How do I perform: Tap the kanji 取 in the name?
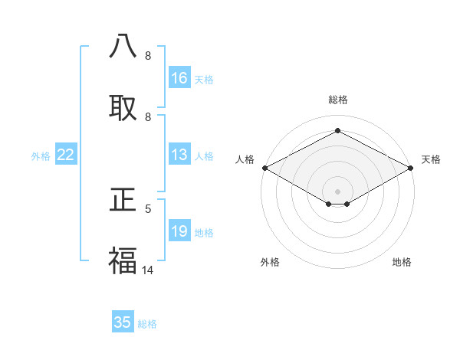pyautogui.click(x=123, y=106)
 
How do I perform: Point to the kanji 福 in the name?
pyautogui.click(x=123, y=260)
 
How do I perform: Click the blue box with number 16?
pyautogui.click(x=179, y=78)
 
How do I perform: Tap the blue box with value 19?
pyautogui.click(x=179, y=231)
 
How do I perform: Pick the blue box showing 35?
pyautogui.click(x=123, y=322)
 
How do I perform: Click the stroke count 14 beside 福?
pyautogui.click(x=148, y=270)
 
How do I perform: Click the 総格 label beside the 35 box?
pyautogui.click(x=147, y=323)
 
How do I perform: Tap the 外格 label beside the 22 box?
pyautogui.click(x=41, y=156)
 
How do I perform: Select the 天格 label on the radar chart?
pyautogui.click(x=431, y=159)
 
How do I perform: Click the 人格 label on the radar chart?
pyautogui.click(x=245, y=159)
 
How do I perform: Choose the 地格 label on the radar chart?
pyautogui.click(x=402, y=262)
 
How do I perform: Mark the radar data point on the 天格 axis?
pyautogui.click(x=411, y=168)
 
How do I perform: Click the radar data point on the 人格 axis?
pyautogui.click(x=264, y=168)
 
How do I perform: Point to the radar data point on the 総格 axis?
pyautogui.click(x=337, y=131)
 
